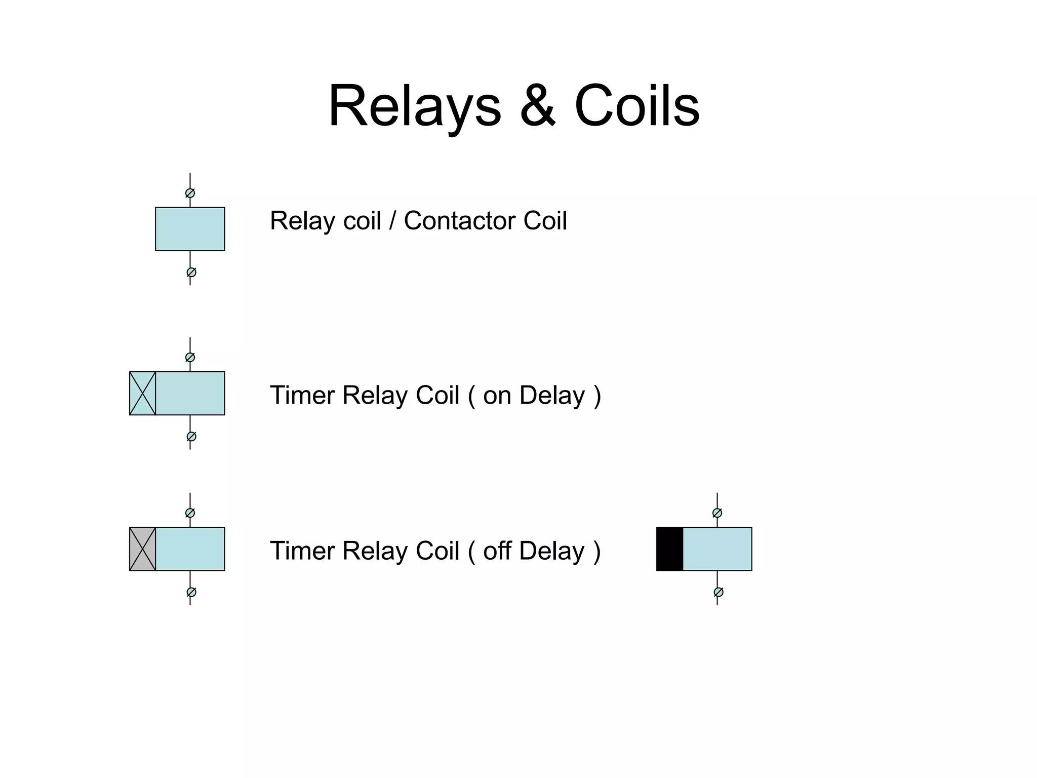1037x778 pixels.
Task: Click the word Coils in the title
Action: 637,106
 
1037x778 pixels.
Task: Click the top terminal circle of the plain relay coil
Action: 190,193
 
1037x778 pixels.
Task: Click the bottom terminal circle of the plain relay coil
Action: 191,273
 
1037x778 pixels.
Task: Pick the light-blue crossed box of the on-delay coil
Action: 142,394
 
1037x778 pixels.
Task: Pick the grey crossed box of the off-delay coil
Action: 142,549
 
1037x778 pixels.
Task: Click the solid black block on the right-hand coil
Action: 669,549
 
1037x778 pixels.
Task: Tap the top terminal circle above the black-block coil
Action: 717,513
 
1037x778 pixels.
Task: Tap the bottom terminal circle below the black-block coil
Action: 719,592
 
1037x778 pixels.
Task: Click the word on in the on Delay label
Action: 497,396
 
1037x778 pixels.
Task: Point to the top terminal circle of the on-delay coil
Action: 190,358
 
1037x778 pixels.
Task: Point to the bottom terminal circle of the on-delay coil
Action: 191,437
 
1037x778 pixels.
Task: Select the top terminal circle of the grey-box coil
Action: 190,513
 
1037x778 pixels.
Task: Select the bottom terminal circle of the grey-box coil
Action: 191,592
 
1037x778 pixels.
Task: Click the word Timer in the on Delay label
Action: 303,396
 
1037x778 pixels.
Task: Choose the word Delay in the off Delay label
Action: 551,551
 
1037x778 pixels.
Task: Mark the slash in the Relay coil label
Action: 392,221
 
